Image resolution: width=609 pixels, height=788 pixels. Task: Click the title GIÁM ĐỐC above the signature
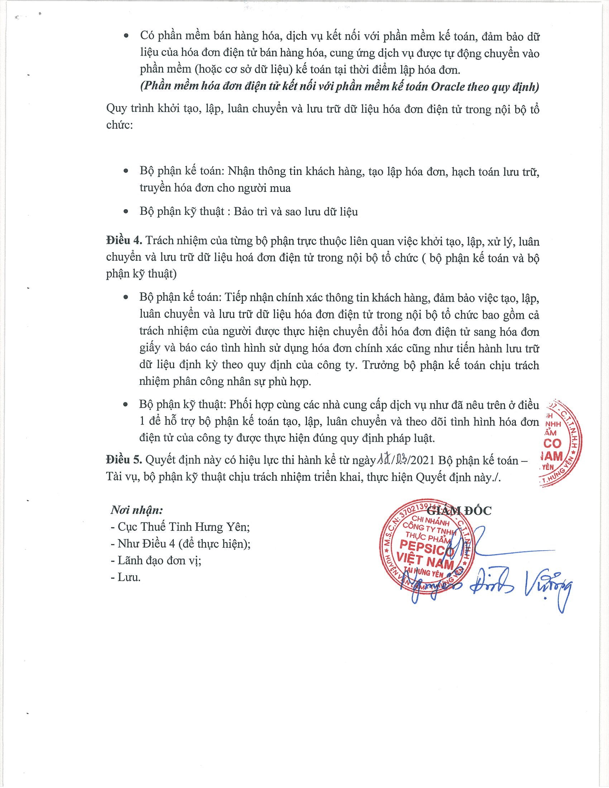(x=459, y=510)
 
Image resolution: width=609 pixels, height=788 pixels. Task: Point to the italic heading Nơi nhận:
(x=137, y=510)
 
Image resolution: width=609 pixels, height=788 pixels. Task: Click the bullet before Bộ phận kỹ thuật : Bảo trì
(x=126, y=212)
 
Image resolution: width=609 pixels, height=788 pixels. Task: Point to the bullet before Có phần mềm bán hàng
(x=126, y=36)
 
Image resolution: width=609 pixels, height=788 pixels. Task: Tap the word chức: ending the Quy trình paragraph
(x=119, y=125)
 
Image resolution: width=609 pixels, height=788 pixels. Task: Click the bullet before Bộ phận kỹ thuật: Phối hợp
(x=125, y=405)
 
